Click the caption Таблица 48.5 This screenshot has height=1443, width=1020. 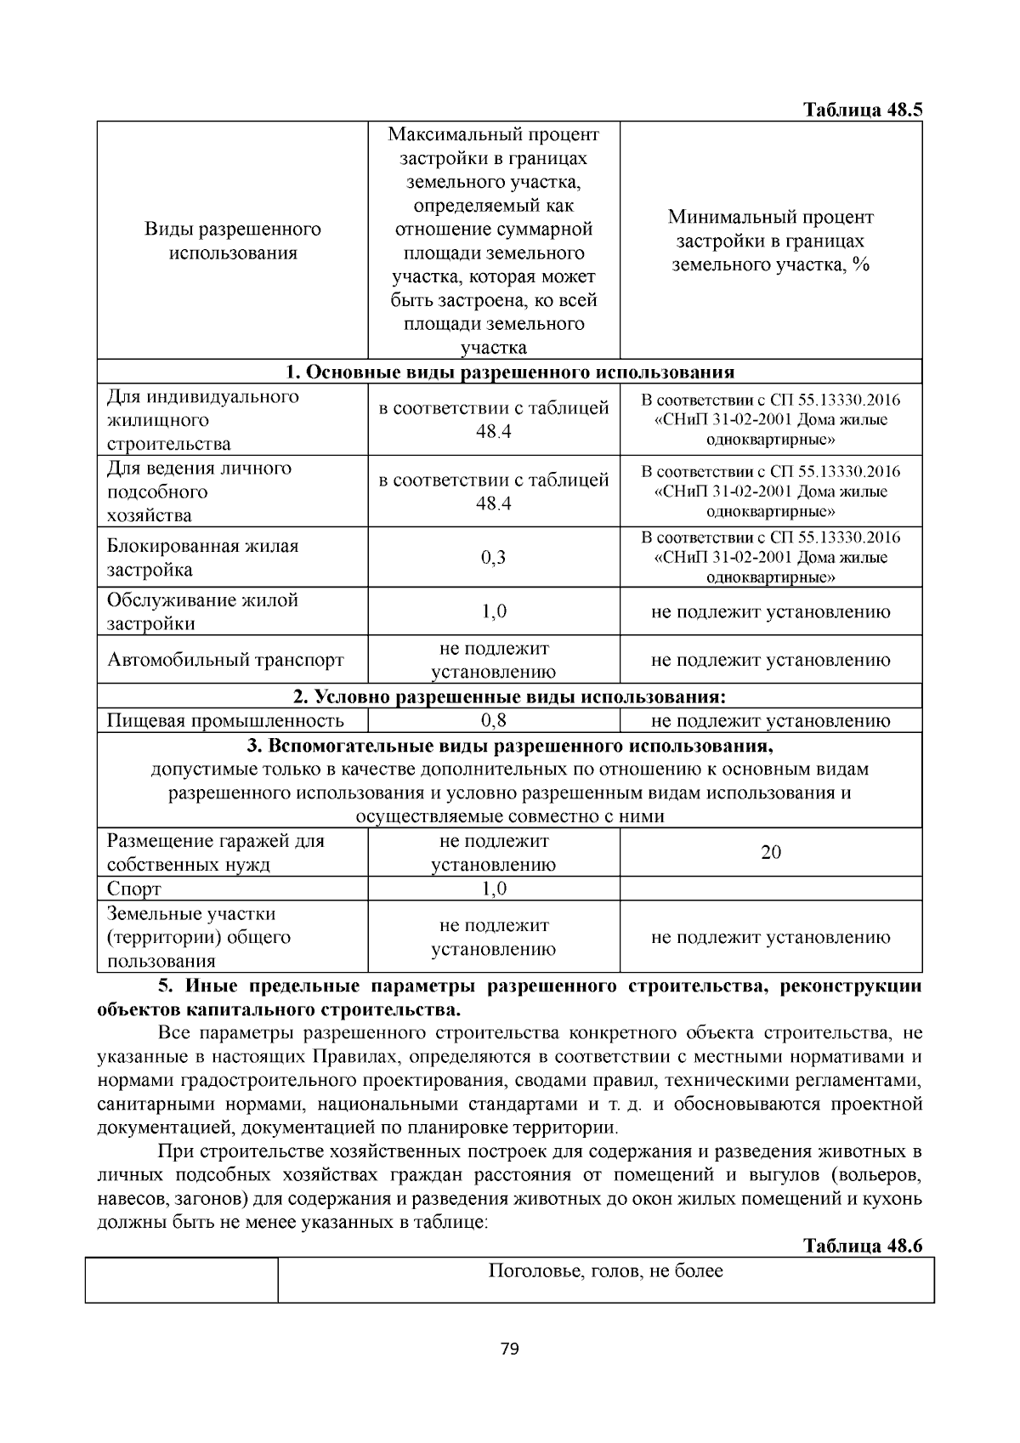click(863, 111)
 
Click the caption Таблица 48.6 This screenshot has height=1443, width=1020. click(863, 1246)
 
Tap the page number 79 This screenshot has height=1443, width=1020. click(510, 1349)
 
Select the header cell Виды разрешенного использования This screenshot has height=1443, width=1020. click(232, 241)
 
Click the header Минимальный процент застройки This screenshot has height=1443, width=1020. click(770, 241)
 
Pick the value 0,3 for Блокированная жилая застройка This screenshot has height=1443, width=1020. click(493, 558)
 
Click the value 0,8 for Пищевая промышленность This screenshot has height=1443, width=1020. click(493, 721)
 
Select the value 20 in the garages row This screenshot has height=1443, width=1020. click(770, 853)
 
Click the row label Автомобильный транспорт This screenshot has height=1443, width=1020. click(225, 660)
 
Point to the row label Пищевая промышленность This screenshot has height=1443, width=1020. click(225, 721)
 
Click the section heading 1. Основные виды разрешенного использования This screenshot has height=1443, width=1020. click(509, 372)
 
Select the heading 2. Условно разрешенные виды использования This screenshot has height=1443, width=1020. click(509, 697)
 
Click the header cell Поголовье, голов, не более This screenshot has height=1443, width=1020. click(605, 1272)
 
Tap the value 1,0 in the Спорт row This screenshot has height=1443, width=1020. click(493, 889)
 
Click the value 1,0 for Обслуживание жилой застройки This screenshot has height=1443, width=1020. click(493, 612)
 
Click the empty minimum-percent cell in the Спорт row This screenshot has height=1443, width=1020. click(770, 889)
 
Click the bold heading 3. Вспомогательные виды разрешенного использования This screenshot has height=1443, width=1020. click(509, 747)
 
